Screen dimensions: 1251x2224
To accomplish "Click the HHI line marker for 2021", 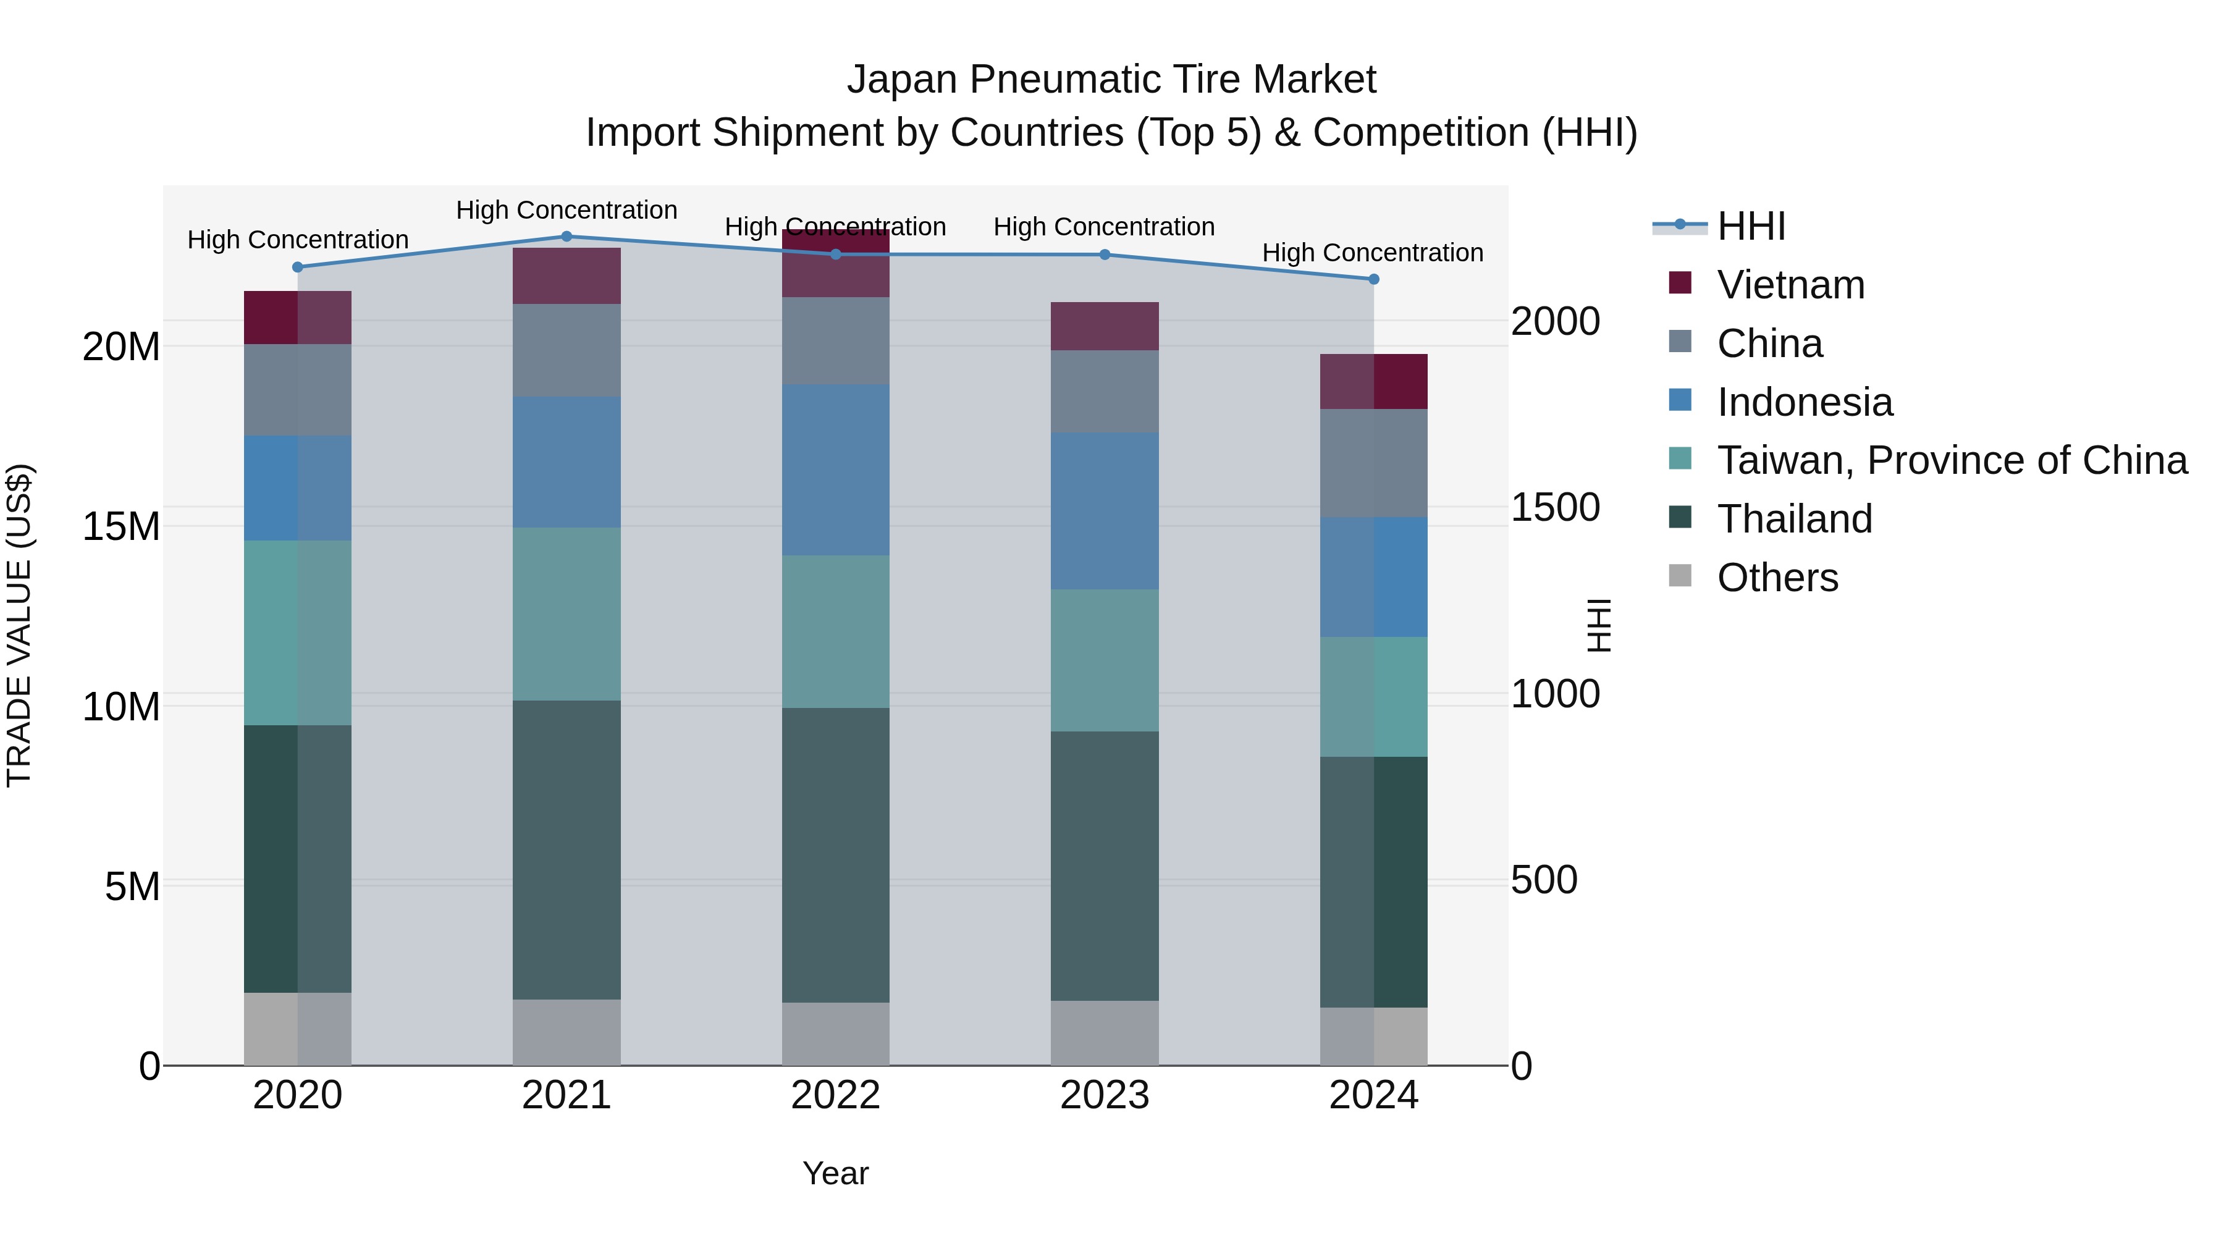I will coord(567,237).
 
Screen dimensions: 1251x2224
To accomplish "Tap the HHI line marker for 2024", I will coord(1373,279).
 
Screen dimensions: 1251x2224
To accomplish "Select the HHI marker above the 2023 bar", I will coord(1104,255).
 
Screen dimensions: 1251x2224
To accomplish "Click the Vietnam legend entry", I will coord(1790,285).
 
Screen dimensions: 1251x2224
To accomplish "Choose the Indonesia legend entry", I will coord(1805,402).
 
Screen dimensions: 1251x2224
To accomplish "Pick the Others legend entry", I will coord(1777,578).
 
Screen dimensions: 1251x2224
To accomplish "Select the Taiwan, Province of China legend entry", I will coord(1951,460).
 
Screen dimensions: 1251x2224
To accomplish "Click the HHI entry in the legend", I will coord(1751,226).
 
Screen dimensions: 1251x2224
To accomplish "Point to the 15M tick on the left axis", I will coord(121,526).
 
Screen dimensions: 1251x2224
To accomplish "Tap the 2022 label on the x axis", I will coord(835,1095).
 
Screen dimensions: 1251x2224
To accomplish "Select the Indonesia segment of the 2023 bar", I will coord(1104,511).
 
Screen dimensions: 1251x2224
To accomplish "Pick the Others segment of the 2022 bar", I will coord(835,1034).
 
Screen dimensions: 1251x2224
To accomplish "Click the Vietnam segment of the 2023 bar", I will coord(1104,326).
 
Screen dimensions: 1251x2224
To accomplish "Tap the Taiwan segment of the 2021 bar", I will coord(567,614).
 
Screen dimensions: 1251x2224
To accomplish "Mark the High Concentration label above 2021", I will coord(567,210).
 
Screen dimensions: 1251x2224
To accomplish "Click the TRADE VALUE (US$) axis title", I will coord(19,625).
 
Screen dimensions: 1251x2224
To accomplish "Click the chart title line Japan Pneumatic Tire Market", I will coord(1111,80).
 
